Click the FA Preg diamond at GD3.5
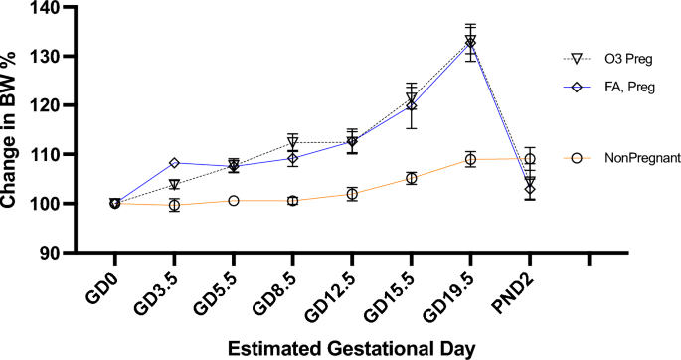click(x=174, y=163)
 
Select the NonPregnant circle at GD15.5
click(x=411, y=179)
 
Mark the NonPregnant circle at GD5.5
click(x=233, y=201)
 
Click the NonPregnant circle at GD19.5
click(x=470, y=160)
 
